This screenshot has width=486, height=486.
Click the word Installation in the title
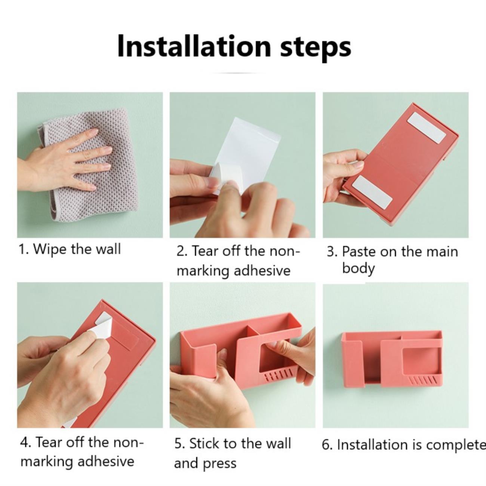click(x=194, y=47)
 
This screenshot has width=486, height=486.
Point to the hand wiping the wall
click(x=65, y=162)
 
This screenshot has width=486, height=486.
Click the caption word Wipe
click(x=50, y=250)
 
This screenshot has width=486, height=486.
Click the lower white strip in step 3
click(x=372, y=192)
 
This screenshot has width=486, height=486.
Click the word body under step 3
click(x=359, y=268)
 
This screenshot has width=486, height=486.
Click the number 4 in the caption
click(x=24, y=442)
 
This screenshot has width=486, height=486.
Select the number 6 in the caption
click(x=326, y=445)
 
